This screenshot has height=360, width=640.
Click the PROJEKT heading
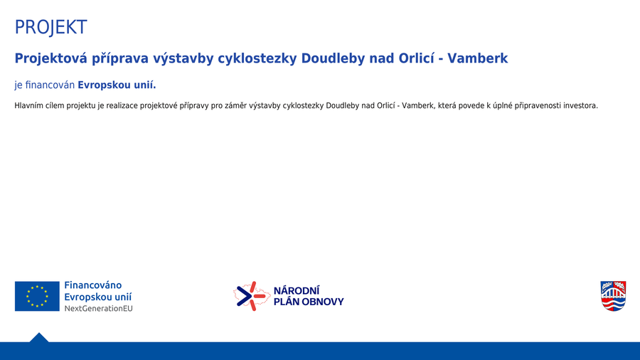[x=50, y=27]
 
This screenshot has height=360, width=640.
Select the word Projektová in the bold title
[x=51, y=59]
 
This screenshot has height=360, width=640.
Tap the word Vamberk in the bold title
[x=478, y=58]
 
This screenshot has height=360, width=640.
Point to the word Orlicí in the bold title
[x=416, y=58]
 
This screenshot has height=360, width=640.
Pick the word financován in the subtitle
[x=50, y=85]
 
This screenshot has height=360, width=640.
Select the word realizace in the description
[x=121, y=106]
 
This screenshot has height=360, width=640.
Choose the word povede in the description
[x=471, y=106]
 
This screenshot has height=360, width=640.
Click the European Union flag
[x=37, y=296]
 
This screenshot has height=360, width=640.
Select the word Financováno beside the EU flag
[x=93, y=285]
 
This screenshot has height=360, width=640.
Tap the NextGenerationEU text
[x=98, y=309]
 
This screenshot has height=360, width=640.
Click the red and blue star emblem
[x=252, y=296]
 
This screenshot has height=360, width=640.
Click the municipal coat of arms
[x=613, y=296]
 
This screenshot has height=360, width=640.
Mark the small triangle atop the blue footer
[x=39, y=338]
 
